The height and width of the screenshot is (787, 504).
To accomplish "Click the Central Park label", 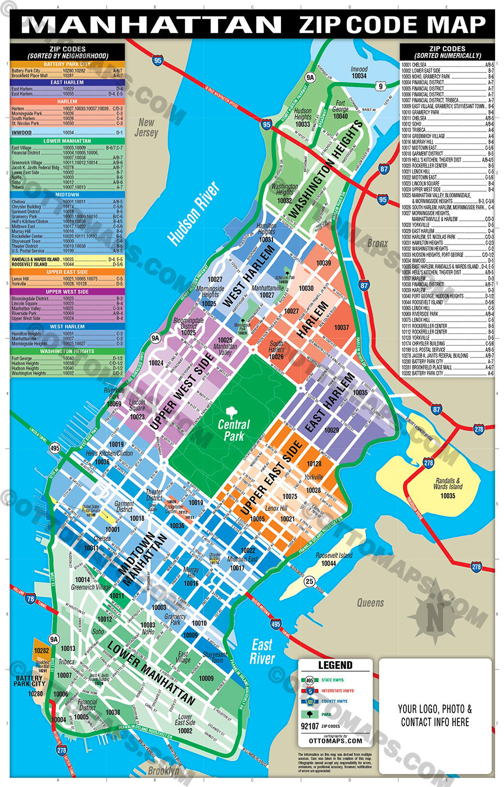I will click(234, 430).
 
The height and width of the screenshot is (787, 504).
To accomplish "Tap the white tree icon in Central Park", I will click(232, 412).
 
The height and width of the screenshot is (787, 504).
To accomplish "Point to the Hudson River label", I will click(193, 214).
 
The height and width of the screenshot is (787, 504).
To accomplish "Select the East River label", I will click(262, 652).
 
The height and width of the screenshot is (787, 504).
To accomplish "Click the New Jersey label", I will click(146, 128).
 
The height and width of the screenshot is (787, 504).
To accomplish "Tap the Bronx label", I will click(377, 243).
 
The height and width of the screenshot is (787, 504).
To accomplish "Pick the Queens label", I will click(370, 603).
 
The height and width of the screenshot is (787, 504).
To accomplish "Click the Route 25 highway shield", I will click(310, 582).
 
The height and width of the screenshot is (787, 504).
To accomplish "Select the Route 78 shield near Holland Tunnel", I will click(30, 599).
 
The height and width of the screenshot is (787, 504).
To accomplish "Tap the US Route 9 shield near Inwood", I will click(380, 86).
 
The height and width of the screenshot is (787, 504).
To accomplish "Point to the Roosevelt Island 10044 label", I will click(333, 559).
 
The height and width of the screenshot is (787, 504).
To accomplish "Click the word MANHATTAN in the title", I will click(152, 25).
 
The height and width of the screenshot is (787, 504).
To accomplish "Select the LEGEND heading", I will click(335, 665).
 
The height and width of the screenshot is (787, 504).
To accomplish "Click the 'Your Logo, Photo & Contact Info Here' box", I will click(435, 715).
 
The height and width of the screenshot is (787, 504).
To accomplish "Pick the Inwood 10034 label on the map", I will click(359, 73).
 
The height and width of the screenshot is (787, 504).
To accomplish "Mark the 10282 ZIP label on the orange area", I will click(42, 651).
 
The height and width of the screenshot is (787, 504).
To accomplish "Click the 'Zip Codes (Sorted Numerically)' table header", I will click(447, 52).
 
